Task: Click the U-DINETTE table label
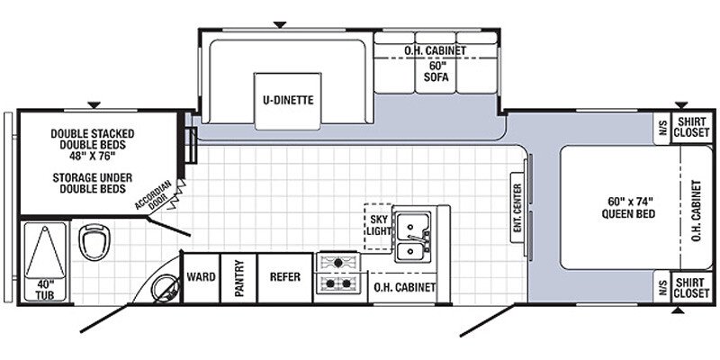point(288,100)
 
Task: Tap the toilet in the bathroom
point(94,241)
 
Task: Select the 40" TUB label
point(44,290)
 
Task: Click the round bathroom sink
point(166,288)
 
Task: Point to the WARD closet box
point(201,278)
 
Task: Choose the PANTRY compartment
point(238,278)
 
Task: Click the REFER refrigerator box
point(285,278)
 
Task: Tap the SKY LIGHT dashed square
point(378,227)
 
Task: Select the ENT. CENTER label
point(517,207)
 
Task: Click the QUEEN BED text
point(628,214)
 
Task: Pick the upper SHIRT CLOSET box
point(692,127)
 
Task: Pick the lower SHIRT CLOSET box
point(692,287)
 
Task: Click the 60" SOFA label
point(436,71)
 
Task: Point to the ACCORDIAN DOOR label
point(154,194)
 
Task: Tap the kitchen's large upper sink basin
point(413,227)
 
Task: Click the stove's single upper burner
point(338,263)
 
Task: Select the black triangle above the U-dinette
point(280,24)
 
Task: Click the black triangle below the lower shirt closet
point(678,310)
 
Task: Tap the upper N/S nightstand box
point(661,129)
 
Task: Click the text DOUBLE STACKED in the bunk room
point(93,133)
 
